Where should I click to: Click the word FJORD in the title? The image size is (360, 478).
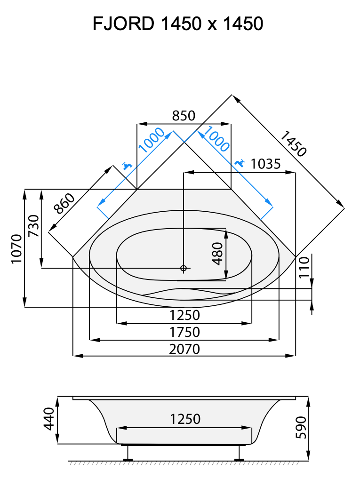pos(123,24)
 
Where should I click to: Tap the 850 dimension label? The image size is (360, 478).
pos(184,116)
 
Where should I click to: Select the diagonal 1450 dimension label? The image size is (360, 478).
pos(293,144)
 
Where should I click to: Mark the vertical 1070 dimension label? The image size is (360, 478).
pos(16,249)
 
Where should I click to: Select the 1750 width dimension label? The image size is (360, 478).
pos(184,332)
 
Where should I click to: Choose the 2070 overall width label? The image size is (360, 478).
pos(184,349)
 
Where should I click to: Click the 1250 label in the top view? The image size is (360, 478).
pos(184,315)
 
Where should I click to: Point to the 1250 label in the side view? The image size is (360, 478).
pos(185,419)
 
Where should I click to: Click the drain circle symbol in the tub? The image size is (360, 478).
pos(184,268)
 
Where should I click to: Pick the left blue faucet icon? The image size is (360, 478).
pos(126,166)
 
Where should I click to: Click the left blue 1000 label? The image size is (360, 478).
pos(152,140)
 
